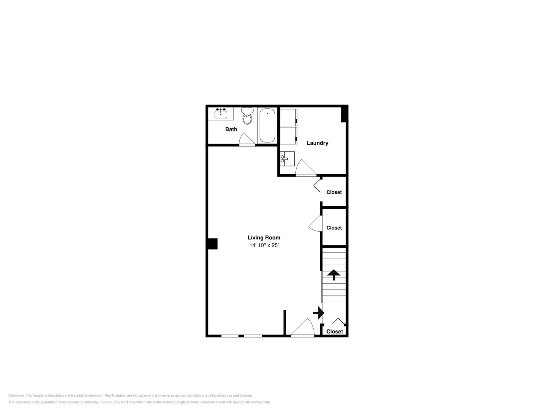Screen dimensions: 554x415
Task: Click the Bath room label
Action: (231, 129)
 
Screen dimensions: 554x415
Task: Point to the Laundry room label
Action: (317, 143)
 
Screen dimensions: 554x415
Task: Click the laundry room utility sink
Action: (287, 159)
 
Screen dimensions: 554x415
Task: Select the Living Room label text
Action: (264, 238)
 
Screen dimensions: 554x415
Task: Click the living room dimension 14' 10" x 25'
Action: (264, 245)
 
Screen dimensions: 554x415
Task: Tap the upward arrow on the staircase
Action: (334, 275)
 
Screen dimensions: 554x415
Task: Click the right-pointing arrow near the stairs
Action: (319, 313)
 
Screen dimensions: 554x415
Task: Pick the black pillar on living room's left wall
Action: (213, 244)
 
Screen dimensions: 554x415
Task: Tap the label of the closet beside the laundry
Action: (334, 192)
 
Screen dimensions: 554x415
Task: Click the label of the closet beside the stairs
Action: (334, 228)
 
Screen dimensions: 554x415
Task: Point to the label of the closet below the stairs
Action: (334, 331)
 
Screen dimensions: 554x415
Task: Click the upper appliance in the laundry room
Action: (288, 117)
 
